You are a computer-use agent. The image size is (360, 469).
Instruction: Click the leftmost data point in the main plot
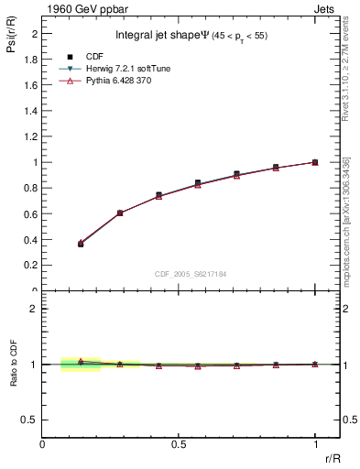pyautogui.click(x=81, y=244)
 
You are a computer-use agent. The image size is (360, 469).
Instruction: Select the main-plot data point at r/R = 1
pyautogui.click(x=315, y=162)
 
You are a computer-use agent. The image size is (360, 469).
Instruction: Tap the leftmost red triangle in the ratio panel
pyautogui.click(x=81, y=361)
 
